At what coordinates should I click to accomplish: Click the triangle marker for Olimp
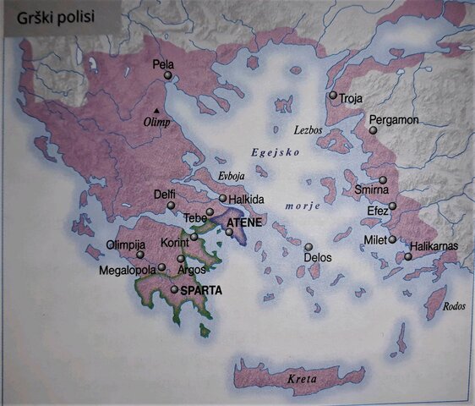(x=156, y=111)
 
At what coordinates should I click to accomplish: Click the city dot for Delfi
(x=171, y=206)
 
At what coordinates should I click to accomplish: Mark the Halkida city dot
(x=222, y=199)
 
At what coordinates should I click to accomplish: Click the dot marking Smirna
(x=383, y=180)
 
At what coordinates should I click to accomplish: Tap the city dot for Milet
(x=392, y=239)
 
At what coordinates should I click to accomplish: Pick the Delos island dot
(x=308, y=247)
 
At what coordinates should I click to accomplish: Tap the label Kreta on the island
(x=302, y=379)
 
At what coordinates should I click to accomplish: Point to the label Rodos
(x=454, y=307)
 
